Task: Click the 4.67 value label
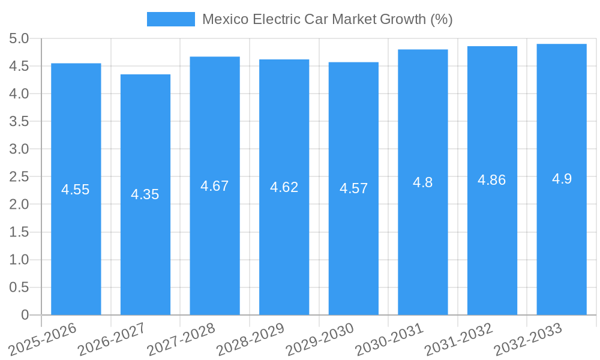click(x=214, y=186)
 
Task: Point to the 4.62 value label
click(x=284, y=187)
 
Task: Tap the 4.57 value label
click(x=353, y=188)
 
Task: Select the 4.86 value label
click(x=491, y=180)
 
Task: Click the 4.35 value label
click(x=145, y=194)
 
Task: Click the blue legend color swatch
click(x=170, y=19)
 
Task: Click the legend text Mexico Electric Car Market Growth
click(x=327, y=19)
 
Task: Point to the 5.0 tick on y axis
click(x=19, y=39)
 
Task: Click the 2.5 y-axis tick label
click(x=19, y=177)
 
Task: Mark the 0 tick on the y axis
click(x=25, y=315)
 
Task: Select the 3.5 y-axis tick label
click(x=19, y=122)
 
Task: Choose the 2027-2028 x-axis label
click(x=181, y=340)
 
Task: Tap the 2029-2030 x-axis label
click(x=320, y=340)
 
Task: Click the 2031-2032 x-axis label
click(x=458, y=340)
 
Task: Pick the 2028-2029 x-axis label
click(x=250, y=340)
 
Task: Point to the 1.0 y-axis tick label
click(x=19, y=260)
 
